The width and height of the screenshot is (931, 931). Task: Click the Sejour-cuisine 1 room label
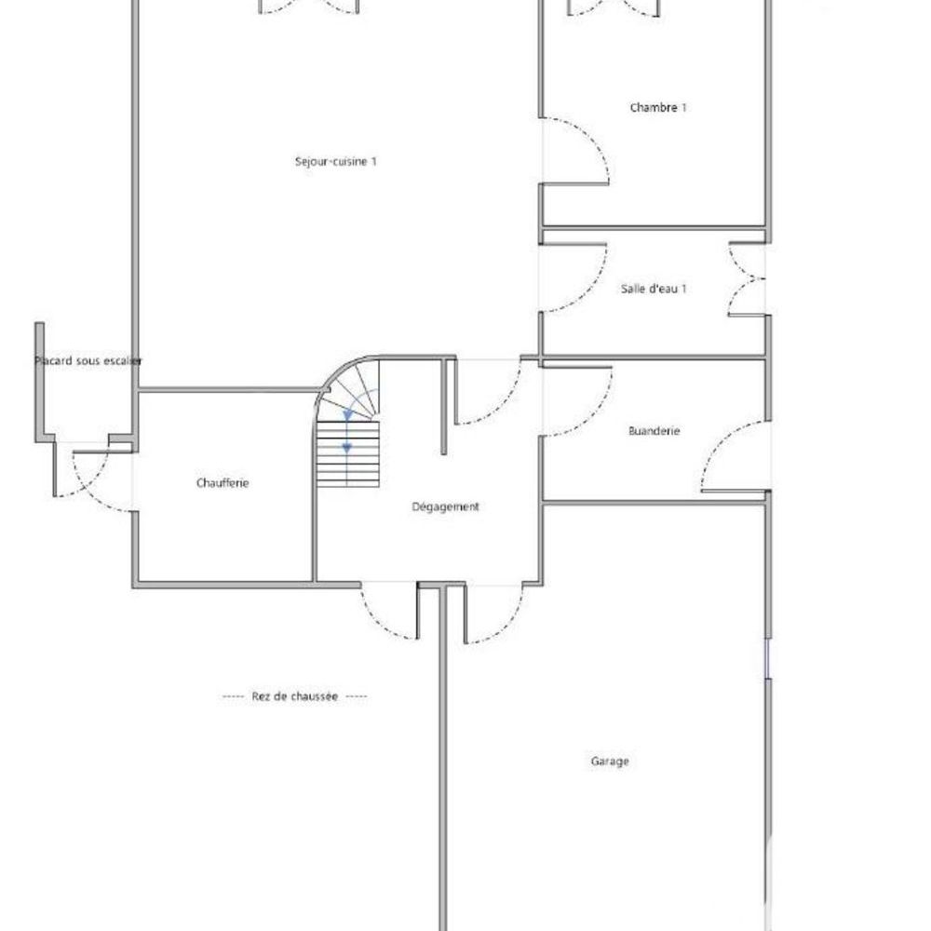coord(335,161)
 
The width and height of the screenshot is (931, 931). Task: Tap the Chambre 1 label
coord(658,107)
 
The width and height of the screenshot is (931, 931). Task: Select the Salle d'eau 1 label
coord(654,289)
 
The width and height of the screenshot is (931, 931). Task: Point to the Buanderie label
coord(654,431)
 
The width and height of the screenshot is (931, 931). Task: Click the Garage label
coord(610,761)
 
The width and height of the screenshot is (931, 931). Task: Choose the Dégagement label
coord(445,506)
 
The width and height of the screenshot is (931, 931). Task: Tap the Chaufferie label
coord(223,483)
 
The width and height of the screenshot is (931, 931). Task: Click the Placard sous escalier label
coord(88,360)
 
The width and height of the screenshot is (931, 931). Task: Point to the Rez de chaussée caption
coord(294,696)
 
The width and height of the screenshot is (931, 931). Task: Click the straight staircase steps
coord(348,454)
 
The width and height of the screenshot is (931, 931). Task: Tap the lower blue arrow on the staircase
coord(347,448)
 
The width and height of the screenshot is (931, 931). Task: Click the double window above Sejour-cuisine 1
coord(308,6)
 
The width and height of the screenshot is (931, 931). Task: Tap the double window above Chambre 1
coord(614,7)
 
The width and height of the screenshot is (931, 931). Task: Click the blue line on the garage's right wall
coord(766,657)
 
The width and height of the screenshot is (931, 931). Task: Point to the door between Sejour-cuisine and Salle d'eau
coord(573,277)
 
